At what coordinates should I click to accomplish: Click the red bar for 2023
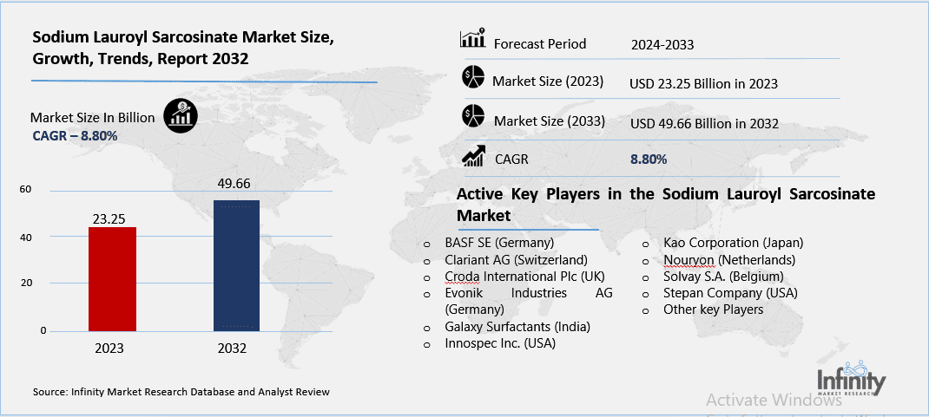click(112, 278)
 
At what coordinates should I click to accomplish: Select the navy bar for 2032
click(236, 265)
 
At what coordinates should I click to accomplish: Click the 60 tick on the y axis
click(25, 190)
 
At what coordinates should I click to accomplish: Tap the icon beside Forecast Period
click(471, 40)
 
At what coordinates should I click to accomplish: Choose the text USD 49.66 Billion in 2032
click(704, 123)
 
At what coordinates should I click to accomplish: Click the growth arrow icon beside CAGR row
click(473, 156)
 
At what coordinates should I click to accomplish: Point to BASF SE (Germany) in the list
click(499, 242)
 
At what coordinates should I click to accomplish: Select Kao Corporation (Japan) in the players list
click(733, 242)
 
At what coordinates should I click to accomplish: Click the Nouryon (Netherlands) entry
click(728, 259)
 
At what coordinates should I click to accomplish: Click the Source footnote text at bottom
click(181, 392)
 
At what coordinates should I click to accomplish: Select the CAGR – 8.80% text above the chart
click(75, 135)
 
